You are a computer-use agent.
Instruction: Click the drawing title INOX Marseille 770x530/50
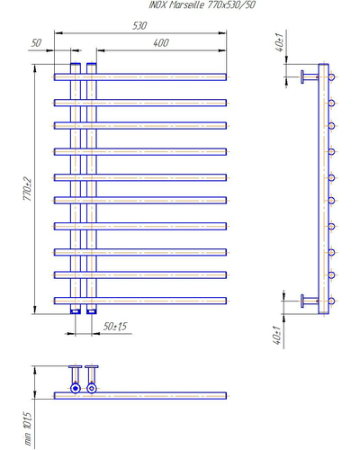(x=202, y=4)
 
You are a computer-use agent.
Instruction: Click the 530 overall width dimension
(x=139, y=26)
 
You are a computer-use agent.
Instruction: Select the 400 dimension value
(x=161, y=43)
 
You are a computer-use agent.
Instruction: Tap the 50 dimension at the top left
(x=36, y=43)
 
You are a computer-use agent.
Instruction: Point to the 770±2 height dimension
(x=27, y=189)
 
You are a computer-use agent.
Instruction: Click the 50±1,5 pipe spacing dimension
(x=115, y=326)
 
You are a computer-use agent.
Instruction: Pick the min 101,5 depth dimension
(x=27, y=428)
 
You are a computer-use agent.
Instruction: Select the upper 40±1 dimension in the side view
(x=279, y=42)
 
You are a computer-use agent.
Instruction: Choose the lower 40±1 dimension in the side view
(x=277, y=335)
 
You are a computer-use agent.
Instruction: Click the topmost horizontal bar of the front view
(x=140, y=76)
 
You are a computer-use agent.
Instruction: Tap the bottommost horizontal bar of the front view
(x=140, y=301)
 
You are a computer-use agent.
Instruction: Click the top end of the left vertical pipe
(x=76, y=64)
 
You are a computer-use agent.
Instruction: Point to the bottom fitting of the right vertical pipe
(x=92, y=311)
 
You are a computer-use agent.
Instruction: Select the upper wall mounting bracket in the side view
(x=309, y=76)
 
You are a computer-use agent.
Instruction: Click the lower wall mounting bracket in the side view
(x=309, y=301)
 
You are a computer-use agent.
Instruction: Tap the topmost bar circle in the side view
(x=331, y=76)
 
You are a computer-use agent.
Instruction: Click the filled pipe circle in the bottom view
(x=76, y=388)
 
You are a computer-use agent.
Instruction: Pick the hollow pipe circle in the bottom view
(x=92, y=388)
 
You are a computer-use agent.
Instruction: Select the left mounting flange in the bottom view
(x=76, y=366)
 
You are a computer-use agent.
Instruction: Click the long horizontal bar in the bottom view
(x=140, y=396)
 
